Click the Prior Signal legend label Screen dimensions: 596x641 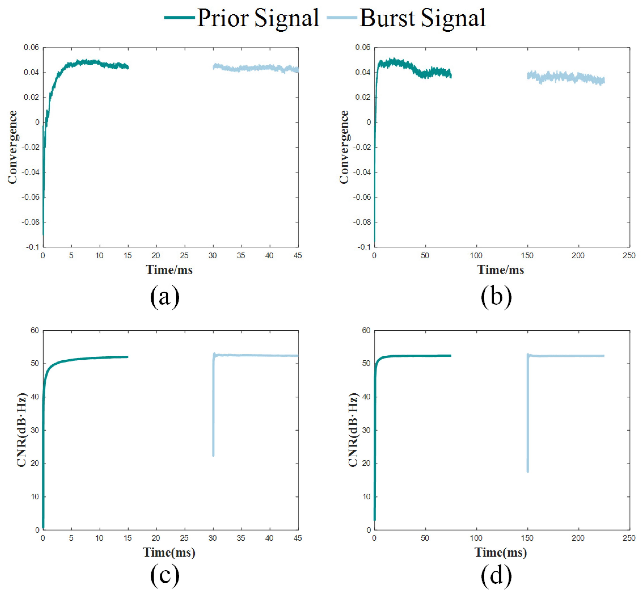click(258, 18)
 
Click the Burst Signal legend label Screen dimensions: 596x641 click(422, 18)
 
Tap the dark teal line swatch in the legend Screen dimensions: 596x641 click(180, 17)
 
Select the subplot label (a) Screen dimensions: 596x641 click(165, 296)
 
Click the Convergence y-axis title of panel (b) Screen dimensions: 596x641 click(344, 147)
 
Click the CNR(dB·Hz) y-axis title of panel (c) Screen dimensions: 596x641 click(22, 430)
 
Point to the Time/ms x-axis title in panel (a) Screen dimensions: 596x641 click(169, 270)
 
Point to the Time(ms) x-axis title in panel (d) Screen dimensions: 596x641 click(500, 552)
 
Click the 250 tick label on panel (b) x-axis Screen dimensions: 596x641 click(629, 256)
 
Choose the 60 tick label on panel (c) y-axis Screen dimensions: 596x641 click(34, 330)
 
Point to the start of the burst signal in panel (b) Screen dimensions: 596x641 click(528, 76)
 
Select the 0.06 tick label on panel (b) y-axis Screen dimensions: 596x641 click(363, 47)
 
